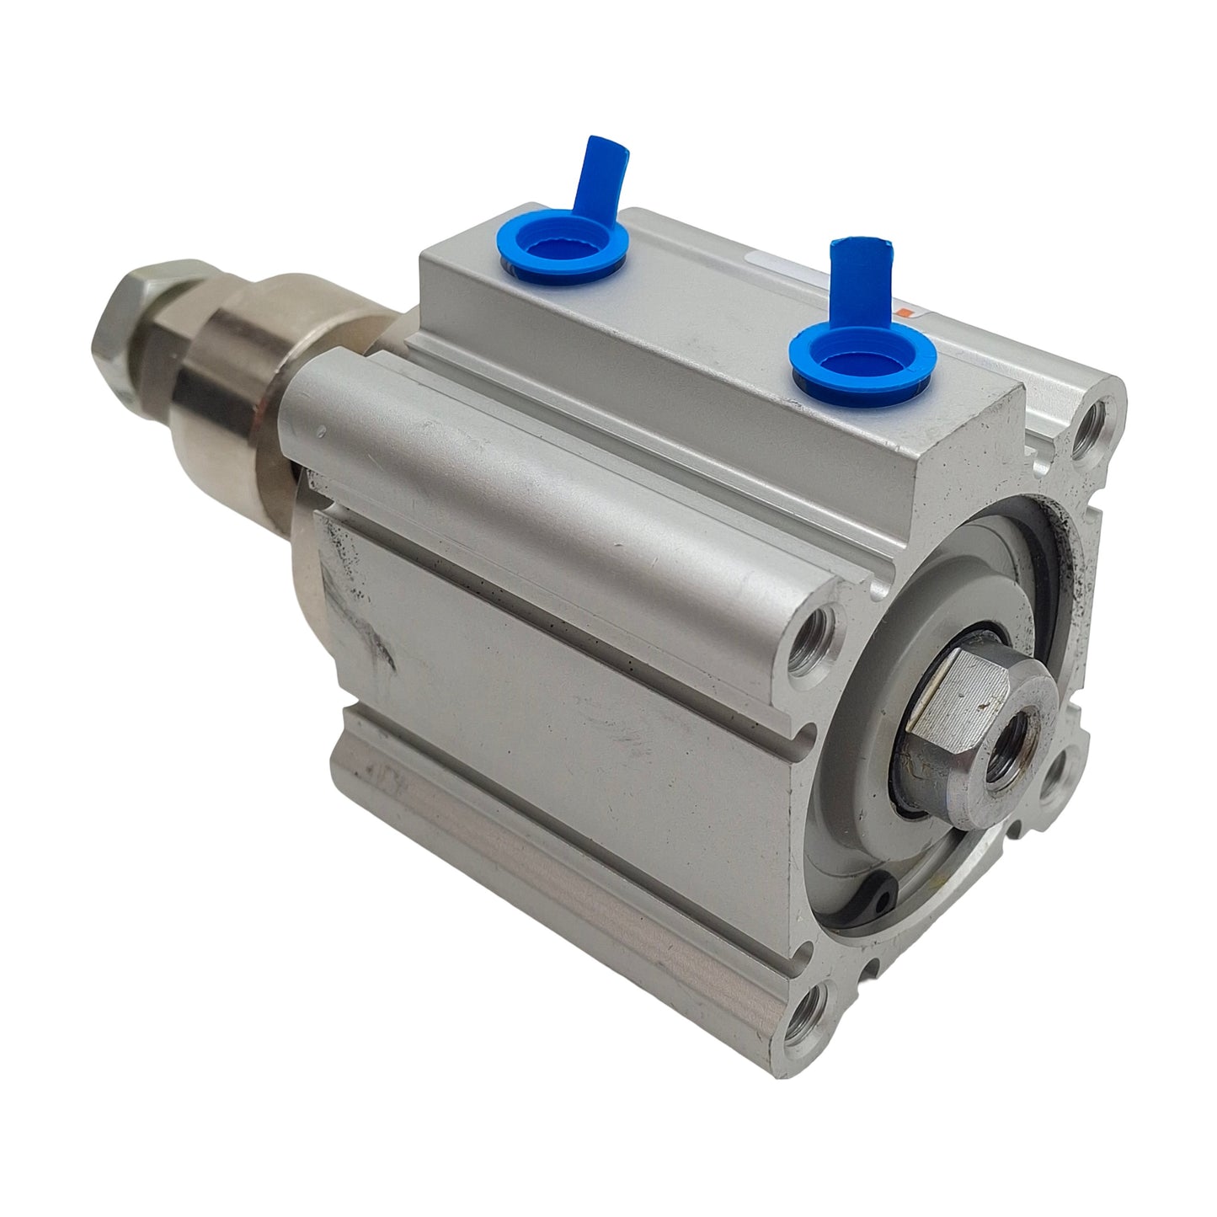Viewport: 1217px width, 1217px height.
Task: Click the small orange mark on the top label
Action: (x=905, y=312)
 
